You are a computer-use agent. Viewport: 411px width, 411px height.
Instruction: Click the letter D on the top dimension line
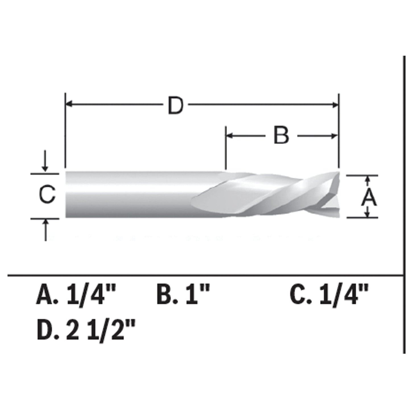175,106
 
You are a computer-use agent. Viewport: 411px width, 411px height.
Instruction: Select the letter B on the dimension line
281,136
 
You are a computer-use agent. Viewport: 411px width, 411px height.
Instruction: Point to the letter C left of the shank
47,195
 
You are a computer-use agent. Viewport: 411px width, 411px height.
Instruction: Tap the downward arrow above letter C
45,168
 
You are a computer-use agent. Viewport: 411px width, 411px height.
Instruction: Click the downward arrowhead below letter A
368,214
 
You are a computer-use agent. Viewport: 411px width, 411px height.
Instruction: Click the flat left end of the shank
66,195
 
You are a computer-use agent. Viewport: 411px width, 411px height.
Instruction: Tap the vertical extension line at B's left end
226,148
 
